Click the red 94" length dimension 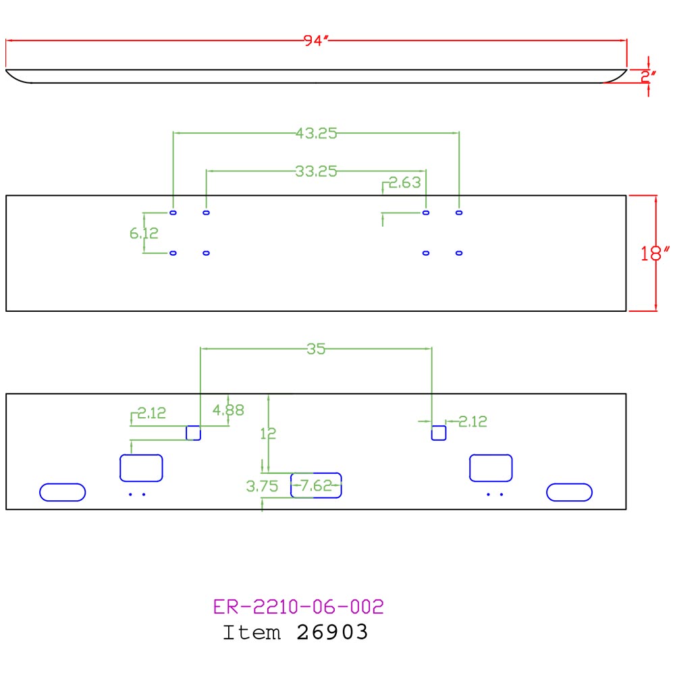tap(316, 40)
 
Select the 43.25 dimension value tap(317, 134)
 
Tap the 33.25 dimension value tap(317, 171)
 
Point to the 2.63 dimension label tap(404, 182)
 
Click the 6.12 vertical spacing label tap(144, 234)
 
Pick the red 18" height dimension tap(655, 253)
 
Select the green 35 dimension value tap(316, 349)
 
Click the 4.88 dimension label tap(228, 410)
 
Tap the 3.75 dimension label tap(262, 487)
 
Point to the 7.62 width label tap(317, 485)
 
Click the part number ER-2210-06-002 tap(298, 607)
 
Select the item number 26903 tap(332, 632)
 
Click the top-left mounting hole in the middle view tap(173, 213)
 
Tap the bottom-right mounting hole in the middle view tap(459, 253)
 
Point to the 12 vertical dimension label tap(268, 433)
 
